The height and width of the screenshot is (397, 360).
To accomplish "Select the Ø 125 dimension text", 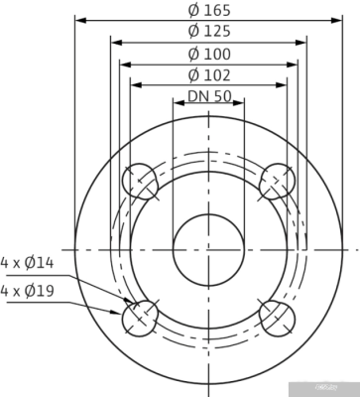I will [208, 32].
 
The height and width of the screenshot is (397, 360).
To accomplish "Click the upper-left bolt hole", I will [142, 182].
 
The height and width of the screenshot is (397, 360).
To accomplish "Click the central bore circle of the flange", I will [208, 248].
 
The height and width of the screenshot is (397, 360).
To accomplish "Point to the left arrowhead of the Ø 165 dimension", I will [80, 20].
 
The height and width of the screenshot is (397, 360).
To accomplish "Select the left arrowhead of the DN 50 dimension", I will [177, 107].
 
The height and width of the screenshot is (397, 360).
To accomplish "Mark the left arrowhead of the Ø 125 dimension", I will [112, 42].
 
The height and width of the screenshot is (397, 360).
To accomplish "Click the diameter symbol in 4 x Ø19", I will [38, 291].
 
